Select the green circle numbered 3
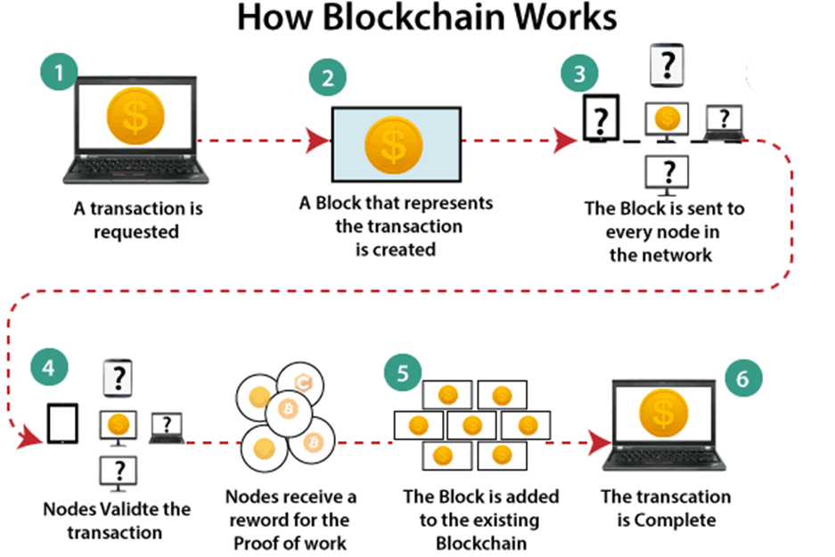(579, 72)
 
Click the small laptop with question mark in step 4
(167, 427)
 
